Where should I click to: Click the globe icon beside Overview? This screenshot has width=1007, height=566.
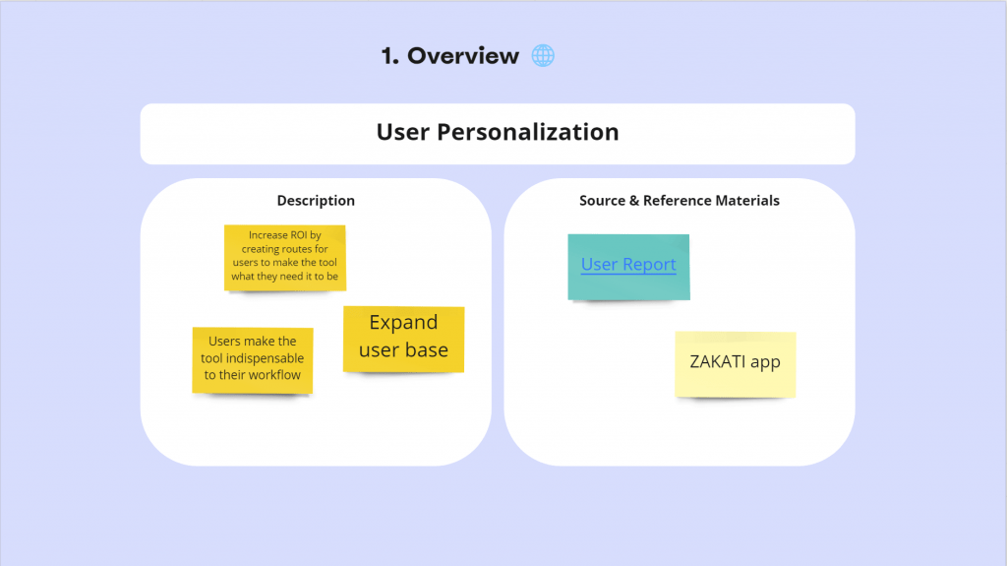click(543, 55)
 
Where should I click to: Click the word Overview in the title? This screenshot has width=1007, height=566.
click(463, 56)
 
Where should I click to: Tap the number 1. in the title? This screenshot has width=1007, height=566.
click(389, 56)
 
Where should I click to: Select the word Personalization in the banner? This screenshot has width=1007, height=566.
click(528, 132)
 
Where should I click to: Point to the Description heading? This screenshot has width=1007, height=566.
click(316, 201)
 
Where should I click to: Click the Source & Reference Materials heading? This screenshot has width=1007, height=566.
click(680, 201)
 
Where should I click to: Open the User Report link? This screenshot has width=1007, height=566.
click(628, 265)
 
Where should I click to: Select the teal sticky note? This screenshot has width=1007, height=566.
click(628, 267)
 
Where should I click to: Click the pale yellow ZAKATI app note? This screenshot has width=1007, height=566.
click(736, 364)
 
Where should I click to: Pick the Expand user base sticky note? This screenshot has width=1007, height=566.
click(404, 340)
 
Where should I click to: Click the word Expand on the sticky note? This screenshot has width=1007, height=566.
click(403, 322)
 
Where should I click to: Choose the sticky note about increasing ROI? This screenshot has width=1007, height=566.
click(285, 258)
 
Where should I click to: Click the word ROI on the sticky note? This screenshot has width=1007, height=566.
click(299, 235)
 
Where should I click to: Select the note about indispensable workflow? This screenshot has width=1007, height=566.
click(253, 360)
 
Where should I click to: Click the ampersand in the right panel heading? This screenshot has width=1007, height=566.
click(634, 201)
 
